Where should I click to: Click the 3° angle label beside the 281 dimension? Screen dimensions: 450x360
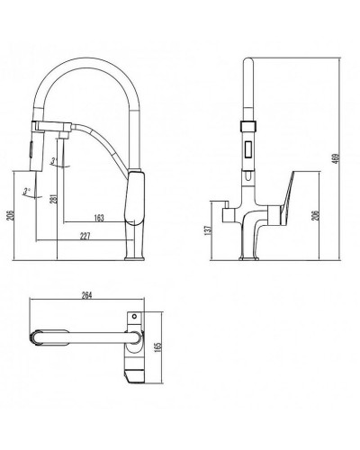[x=56, y=162]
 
